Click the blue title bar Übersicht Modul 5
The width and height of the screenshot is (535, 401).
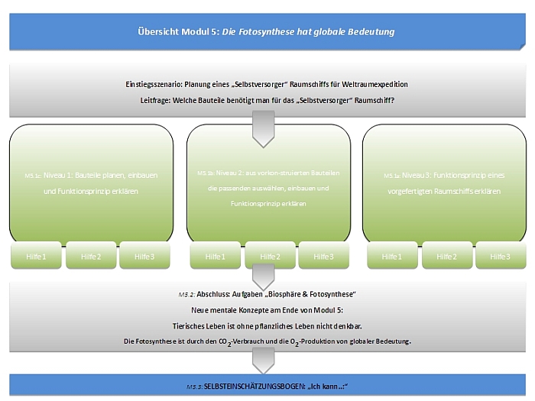tap(267, 32)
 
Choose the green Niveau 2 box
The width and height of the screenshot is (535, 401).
tap(267, 183)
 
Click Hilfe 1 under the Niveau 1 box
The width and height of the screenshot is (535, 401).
tap(36, 257)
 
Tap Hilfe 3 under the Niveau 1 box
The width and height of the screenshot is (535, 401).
tap(144, 257)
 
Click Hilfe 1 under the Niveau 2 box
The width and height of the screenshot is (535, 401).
tap(215, 257)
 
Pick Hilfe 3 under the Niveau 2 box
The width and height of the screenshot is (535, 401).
tap(323, 257)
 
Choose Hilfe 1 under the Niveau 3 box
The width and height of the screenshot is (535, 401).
tap(392, 257)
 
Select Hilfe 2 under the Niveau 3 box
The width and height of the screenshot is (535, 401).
tap(446, 257)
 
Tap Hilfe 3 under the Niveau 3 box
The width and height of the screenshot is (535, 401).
tap(500, 257)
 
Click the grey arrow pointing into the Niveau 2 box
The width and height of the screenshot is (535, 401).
tap(263, 128)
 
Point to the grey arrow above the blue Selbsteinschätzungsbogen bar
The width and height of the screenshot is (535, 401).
tap(263, 359)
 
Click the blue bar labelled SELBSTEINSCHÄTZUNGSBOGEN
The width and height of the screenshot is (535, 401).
tap(267, 386)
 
